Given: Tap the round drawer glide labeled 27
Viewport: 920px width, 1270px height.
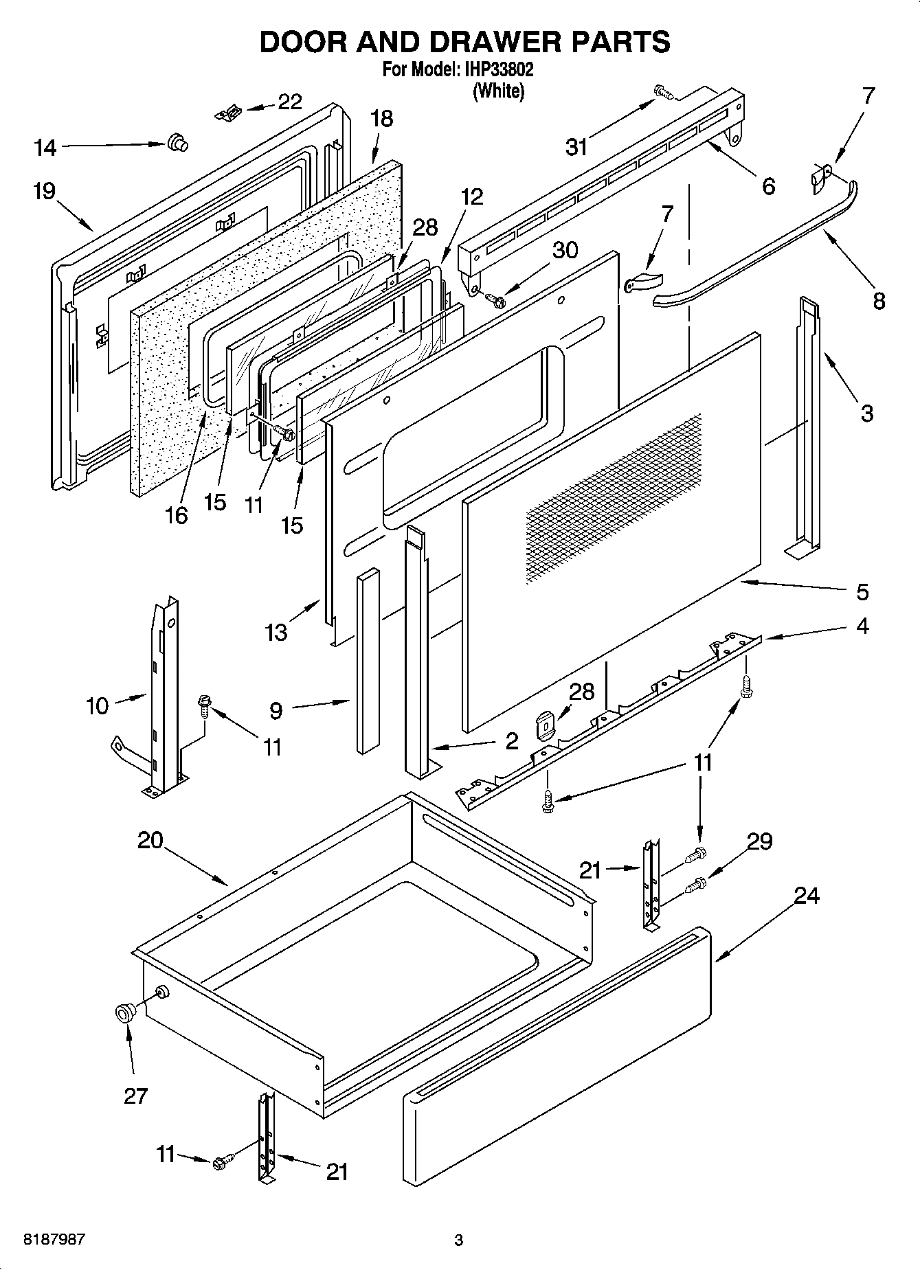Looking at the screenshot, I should [x=125, y=1013].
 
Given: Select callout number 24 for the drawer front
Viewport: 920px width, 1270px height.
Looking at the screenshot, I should [x=807, y=896].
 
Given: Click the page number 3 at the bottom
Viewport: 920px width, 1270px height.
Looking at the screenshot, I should [x=459, y=1240].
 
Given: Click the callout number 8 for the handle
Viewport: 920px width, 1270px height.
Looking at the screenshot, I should [x=879, y=300].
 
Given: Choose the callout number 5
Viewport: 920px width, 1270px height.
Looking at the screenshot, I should [x=862, y=591].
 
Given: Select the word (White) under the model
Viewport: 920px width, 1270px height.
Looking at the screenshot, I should [x=499, y=91].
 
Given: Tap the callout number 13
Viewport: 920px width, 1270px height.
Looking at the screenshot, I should [x=276, y=632].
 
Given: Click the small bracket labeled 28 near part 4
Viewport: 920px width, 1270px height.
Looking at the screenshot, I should [x=546, y=725].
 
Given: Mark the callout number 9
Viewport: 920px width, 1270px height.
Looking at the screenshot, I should [x=276, y=710].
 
